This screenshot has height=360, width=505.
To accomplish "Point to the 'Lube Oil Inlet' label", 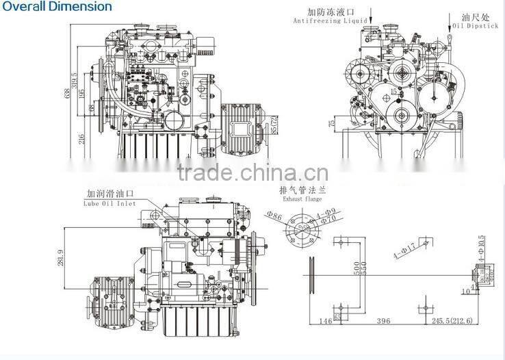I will [x=110, y=203].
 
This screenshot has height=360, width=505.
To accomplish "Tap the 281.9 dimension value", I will [x=61, y=259].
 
